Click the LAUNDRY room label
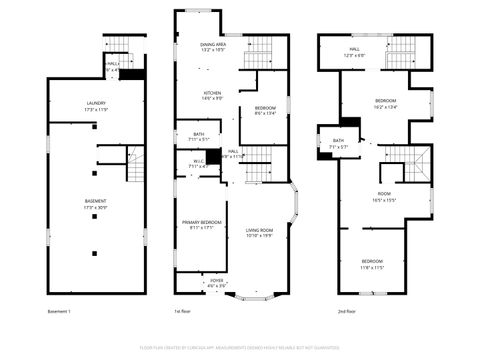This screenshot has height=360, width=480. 96,103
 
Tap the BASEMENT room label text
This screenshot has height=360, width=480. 96,201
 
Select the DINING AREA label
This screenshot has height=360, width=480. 213,45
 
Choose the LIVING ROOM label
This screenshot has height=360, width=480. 260,231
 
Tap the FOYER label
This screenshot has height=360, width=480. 216,281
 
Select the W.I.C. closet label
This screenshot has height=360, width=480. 198,161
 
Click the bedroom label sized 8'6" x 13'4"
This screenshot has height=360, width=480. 265,108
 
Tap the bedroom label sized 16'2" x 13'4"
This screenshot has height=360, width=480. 386,101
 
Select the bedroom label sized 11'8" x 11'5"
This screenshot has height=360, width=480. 372,261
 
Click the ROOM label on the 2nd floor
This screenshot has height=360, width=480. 384,194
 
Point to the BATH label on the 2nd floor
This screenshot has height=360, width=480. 338,141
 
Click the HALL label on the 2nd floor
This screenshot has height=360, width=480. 355,48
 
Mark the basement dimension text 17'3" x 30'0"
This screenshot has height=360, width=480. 96,207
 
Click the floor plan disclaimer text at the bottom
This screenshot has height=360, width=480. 240,347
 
